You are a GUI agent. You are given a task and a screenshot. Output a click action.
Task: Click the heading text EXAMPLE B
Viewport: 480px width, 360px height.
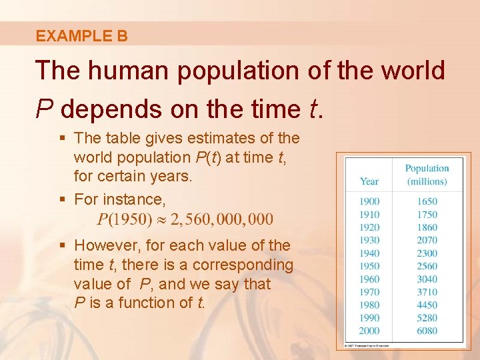click(x=81, y=36)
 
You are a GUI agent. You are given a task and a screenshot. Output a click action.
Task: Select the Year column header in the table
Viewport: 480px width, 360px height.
click(x=369, y=181)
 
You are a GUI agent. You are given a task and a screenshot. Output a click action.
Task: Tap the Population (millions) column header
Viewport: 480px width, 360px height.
click(x=427, y=175)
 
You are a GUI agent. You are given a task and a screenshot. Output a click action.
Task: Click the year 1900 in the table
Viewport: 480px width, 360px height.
click(x=369, y=201)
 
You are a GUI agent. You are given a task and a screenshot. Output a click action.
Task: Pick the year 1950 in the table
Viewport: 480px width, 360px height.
click(x=369, y=266)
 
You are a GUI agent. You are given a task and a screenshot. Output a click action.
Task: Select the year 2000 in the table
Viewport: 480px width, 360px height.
click(x=369, y=331)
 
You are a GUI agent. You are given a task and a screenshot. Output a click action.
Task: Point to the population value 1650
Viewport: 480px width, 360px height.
click(x=427, y=201)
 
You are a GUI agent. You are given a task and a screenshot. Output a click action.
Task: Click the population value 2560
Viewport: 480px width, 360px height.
click(x=427, y=266)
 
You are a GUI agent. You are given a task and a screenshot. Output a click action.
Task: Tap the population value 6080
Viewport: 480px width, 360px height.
click(x=427, y=331)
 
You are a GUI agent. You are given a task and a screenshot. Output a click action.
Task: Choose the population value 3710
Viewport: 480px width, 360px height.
click(x=427, y=292)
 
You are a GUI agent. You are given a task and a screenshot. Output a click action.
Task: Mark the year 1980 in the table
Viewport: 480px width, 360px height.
click(x=369, y=305)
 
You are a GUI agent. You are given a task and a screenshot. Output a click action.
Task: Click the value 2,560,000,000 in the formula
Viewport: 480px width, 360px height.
click(x=219, y=219)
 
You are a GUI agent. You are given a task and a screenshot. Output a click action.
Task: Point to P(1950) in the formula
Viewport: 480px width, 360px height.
click(x=125, y=219)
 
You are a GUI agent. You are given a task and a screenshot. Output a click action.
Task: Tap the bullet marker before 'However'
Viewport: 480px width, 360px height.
click(x=62, y=246)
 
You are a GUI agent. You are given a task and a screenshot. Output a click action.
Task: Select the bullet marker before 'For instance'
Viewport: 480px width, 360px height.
click(x=62, y=199)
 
